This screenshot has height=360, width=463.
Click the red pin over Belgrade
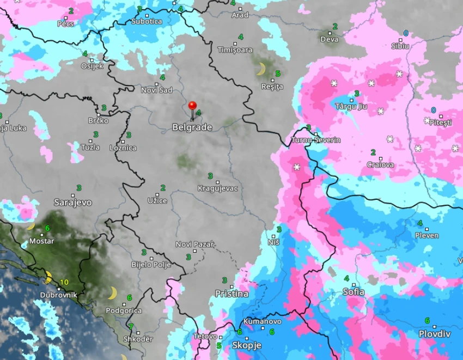192,106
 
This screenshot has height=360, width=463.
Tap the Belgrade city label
192,127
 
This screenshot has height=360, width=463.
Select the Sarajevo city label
72,203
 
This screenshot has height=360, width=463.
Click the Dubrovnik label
58,295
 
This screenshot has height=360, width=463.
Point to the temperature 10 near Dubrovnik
64,282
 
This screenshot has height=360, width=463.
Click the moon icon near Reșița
261,69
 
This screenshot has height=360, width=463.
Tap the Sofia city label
353,291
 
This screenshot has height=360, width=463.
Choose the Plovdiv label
434,333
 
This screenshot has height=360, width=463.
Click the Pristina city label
231,294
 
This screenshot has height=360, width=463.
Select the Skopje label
247,345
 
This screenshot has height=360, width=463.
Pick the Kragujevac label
218,188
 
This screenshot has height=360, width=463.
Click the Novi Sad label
156,90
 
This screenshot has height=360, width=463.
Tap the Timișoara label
235,50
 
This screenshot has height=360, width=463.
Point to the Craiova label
380,164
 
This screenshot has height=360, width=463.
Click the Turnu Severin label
316,140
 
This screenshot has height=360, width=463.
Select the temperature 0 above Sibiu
405,33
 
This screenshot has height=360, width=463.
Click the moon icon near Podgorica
112,294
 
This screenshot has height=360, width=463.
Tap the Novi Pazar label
194,245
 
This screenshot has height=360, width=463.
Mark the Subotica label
147,21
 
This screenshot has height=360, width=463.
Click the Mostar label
41,241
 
